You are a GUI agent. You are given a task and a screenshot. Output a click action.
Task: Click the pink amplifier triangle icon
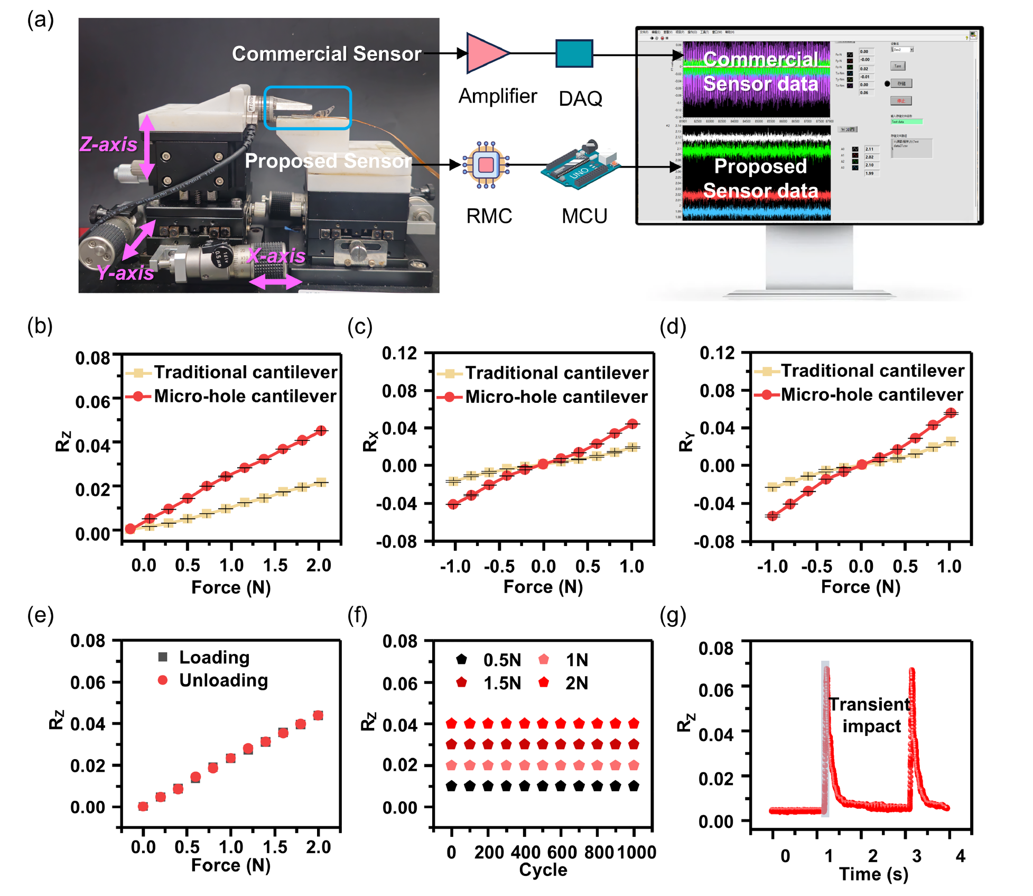coord(485,53)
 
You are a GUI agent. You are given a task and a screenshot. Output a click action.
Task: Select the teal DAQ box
coord(574,53)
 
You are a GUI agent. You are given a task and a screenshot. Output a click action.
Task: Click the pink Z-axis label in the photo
coord(108,144)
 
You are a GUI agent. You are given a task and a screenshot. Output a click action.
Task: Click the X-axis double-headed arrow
coord(275,282)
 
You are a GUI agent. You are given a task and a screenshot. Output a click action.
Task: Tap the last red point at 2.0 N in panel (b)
coord(321,431)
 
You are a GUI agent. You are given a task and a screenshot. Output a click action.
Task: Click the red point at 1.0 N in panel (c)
coord(632,424)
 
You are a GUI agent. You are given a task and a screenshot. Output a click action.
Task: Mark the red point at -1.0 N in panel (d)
coord(773,515)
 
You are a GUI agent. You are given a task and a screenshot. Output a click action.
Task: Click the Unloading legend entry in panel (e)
coord(213,680)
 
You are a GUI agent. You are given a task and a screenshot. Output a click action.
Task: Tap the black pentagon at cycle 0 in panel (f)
coord(451,786)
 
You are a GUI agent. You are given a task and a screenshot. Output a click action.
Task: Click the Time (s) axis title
coord(873,874)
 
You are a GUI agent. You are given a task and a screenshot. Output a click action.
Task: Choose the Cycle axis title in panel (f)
coord(543,870)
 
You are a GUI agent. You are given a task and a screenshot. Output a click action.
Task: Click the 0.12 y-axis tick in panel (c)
coord(399,353)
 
